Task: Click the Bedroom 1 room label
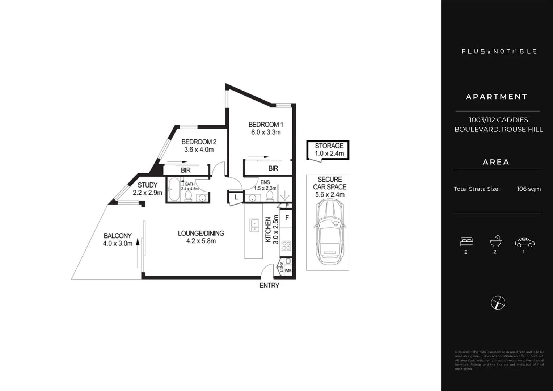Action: click(x=266, y=125)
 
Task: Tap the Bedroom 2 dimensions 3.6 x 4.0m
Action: click(x=199, y=150)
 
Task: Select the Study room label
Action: click(x=147, y=185)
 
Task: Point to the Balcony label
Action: click(x=118, y=236)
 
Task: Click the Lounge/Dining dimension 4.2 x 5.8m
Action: click(x=201, y=241)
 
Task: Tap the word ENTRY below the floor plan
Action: click(x=269, y=286)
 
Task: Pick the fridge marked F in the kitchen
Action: click(x=287, y=218)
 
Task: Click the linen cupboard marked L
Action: click(x=236, y=198)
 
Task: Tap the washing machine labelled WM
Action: click(x=288, y=270)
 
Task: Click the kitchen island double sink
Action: click(x=254, y=225)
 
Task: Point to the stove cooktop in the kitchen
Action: click(x=286, y=245)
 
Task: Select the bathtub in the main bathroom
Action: click(x=174, y=189)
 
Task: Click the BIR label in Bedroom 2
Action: click(x=186, y=170)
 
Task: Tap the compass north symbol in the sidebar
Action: click(x=498, y=303)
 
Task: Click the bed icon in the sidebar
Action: click(x=466, y=241)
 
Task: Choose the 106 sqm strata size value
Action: click(x=529, y=189)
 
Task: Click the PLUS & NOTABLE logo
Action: click(x=499, y=51)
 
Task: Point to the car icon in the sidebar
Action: click(x=524, y=242)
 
